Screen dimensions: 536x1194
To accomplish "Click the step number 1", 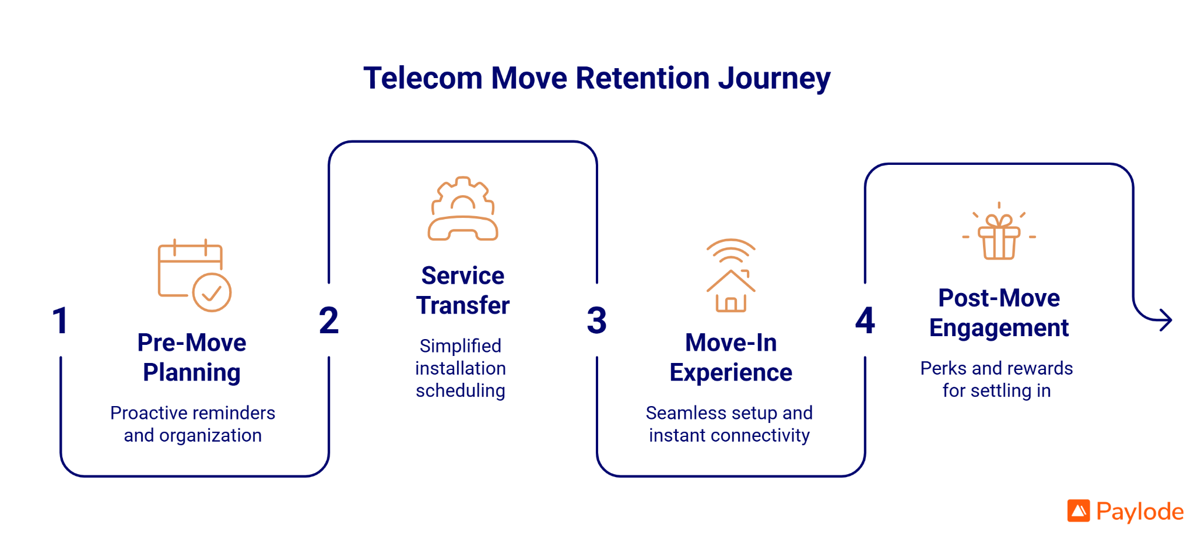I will [60, 320].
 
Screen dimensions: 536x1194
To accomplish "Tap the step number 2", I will [329, 320].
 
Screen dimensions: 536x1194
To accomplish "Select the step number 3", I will [596, 320].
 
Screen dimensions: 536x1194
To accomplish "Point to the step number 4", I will [865, 320].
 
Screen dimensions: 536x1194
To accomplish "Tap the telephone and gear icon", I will [463, 209].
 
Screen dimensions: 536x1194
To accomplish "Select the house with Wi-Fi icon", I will [731, 276].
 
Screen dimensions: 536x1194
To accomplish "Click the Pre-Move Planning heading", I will [192, 357].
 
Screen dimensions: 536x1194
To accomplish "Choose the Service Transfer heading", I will [463, 290].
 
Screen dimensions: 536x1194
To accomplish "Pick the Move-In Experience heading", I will [731, 357].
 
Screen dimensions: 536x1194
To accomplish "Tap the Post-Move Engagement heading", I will [999, 313].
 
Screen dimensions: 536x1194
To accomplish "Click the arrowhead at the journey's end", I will [1166, 320].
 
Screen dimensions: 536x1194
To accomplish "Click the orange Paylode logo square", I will [1079, 511].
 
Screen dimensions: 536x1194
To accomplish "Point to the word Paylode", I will [1140, 512].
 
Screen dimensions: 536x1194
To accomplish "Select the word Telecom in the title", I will [423, 78].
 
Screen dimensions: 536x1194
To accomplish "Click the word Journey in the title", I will [774, 78].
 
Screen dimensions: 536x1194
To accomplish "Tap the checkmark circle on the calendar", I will [212, 292].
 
